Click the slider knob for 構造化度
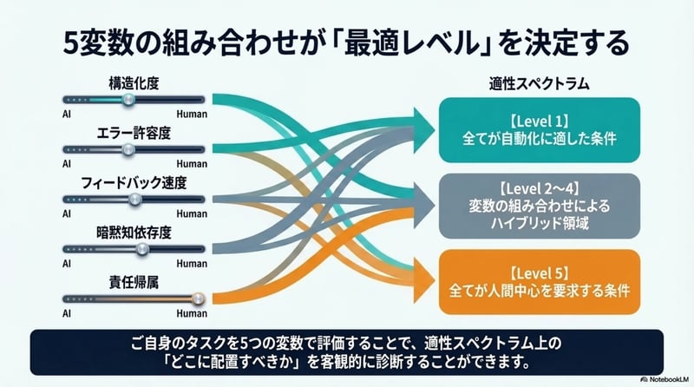(x=128, y=101)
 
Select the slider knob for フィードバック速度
(x=134, y=199)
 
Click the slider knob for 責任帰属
(x=196, y=298)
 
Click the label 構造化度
(x=134, y=84)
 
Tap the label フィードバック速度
(x=134, y=183)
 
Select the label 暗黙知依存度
(x=134, y=233)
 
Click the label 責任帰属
(x=134, y=283)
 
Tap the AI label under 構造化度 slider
(x=66, y=114)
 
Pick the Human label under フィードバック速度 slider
(x=192, y=213)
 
